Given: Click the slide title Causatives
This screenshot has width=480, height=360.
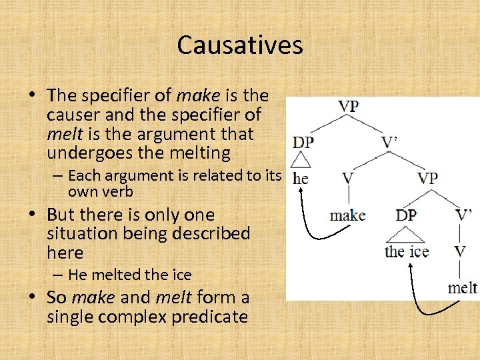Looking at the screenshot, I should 240,45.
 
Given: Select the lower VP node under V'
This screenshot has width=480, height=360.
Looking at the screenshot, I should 427,178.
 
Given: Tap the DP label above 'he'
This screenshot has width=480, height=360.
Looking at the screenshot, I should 303,142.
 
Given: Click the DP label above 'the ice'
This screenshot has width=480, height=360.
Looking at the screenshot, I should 406,215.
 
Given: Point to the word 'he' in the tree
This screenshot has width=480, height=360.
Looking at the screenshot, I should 301,179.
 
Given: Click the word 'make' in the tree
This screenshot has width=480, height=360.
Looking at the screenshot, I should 348,215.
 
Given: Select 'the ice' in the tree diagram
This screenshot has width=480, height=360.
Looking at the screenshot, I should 407,252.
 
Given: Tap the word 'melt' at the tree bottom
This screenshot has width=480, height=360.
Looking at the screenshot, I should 462,288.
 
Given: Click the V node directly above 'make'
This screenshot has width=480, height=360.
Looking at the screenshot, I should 347,178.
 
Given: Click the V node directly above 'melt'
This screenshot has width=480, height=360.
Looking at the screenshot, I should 460,251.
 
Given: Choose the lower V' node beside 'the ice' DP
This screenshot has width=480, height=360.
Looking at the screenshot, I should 464,215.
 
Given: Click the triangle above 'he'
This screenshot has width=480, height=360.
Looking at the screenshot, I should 302,161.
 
